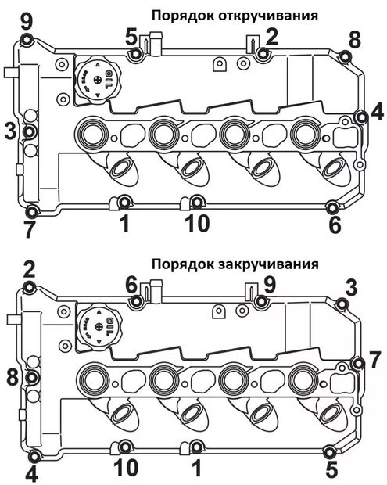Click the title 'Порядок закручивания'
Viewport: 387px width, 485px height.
tap(235, 264)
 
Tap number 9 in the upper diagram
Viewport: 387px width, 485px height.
tap(26, 20)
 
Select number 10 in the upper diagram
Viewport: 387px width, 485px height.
tap(197, 224)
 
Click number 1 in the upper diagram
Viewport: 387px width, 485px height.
tap(124, 224)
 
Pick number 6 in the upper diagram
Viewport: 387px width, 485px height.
tap(335, 225)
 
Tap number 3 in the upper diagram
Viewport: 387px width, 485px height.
tap(10, 131)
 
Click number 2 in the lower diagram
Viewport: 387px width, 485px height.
tap(29, 269)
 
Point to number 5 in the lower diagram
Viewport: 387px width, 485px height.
tap(331, 470)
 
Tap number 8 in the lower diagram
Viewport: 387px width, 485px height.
tap(12, 375)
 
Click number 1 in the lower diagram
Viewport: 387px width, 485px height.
tap(196, 468)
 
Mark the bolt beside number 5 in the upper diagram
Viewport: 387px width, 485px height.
tap(137, 54)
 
